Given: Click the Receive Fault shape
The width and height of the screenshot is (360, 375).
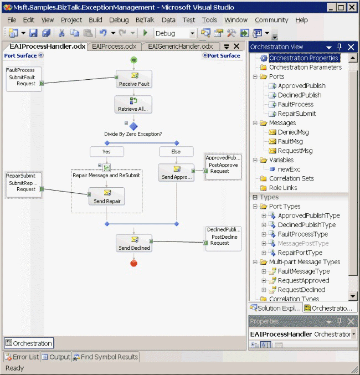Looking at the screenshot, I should (133, 79).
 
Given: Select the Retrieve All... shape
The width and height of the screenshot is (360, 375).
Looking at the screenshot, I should (133, 104).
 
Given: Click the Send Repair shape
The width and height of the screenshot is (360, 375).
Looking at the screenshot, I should (107, 196).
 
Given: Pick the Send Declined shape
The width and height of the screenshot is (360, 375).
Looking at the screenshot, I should (133, 243).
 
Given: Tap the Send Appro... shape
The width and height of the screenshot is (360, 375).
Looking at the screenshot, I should (176, 172).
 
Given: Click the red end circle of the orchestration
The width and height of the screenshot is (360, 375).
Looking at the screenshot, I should (133, 263).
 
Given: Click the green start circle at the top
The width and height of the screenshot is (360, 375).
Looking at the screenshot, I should (133, 59).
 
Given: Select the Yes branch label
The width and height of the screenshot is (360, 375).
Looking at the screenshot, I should (106, 151).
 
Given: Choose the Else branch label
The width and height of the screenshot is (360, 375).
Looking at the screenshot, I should (177, 151).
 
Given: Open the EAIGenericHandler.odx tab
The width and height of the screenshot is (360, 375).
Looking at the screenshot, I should (181, 47).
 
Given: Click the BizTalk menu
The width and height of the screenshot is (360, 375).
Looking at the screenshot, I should (145, 20).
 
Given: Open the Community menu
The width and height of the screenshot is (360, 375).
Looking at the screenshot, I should (271, 20).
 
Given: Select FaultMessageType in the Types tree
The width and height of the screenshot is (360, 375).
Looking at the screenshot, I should (304, 271).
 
